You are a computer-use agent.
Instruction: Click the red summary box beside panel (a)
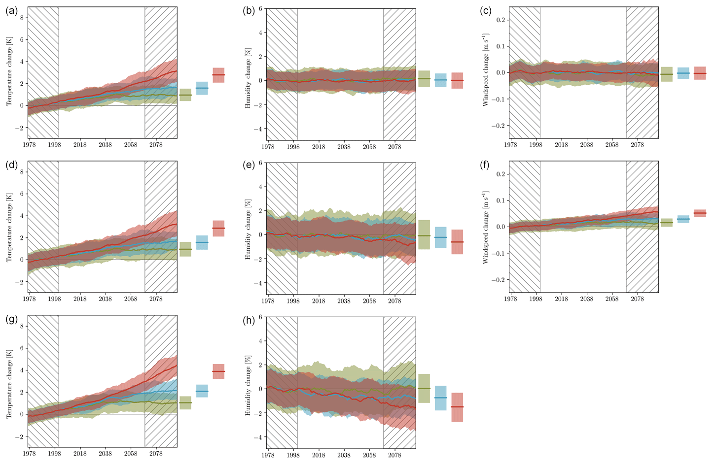[x=218, y=75]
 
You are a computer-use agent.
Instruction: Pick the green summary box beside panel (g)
[x=185, y=403]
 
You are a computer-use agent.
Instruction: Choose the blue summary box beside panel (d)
[x=202, y=242]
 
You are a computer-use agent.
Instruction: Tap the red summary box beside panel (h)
[x=457, y=407]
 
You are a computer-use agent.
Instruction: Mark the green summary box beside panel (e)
[x=424, y=234]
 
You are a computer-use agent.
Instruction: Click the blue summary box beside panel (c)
[x=683, y=73]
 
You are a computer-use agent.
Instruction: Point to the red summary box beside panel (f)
[x=700, y=213]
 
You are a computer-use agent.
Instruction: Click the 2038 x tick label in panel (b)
[x=344, y=147]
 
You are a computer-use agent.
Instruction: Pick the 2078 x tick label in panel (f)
[x=637, y=299]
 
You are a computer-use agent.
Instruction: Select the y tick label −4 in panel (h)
[x=259, y=437]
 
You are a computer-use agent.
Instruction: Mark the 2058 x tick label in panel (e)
[x=369, y=300]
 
